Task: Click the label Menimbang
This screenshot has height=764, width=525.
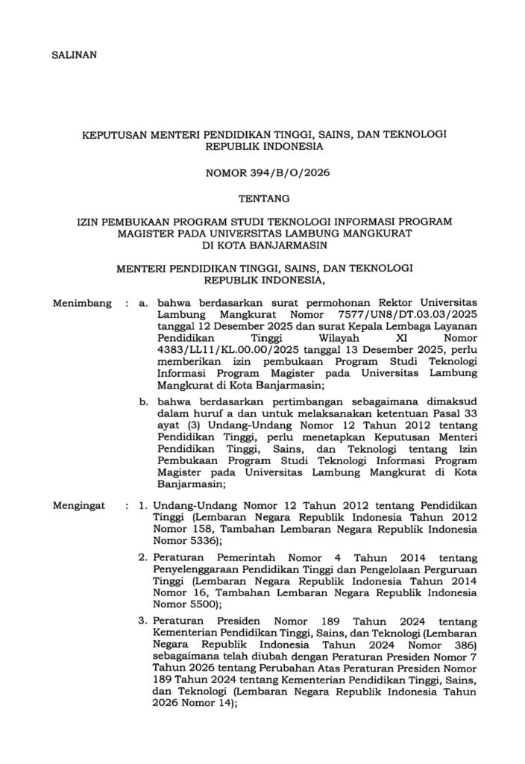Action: [x=82, y=304]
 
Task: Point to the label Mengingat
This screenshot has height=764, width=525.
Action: [x=81, y=506]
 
